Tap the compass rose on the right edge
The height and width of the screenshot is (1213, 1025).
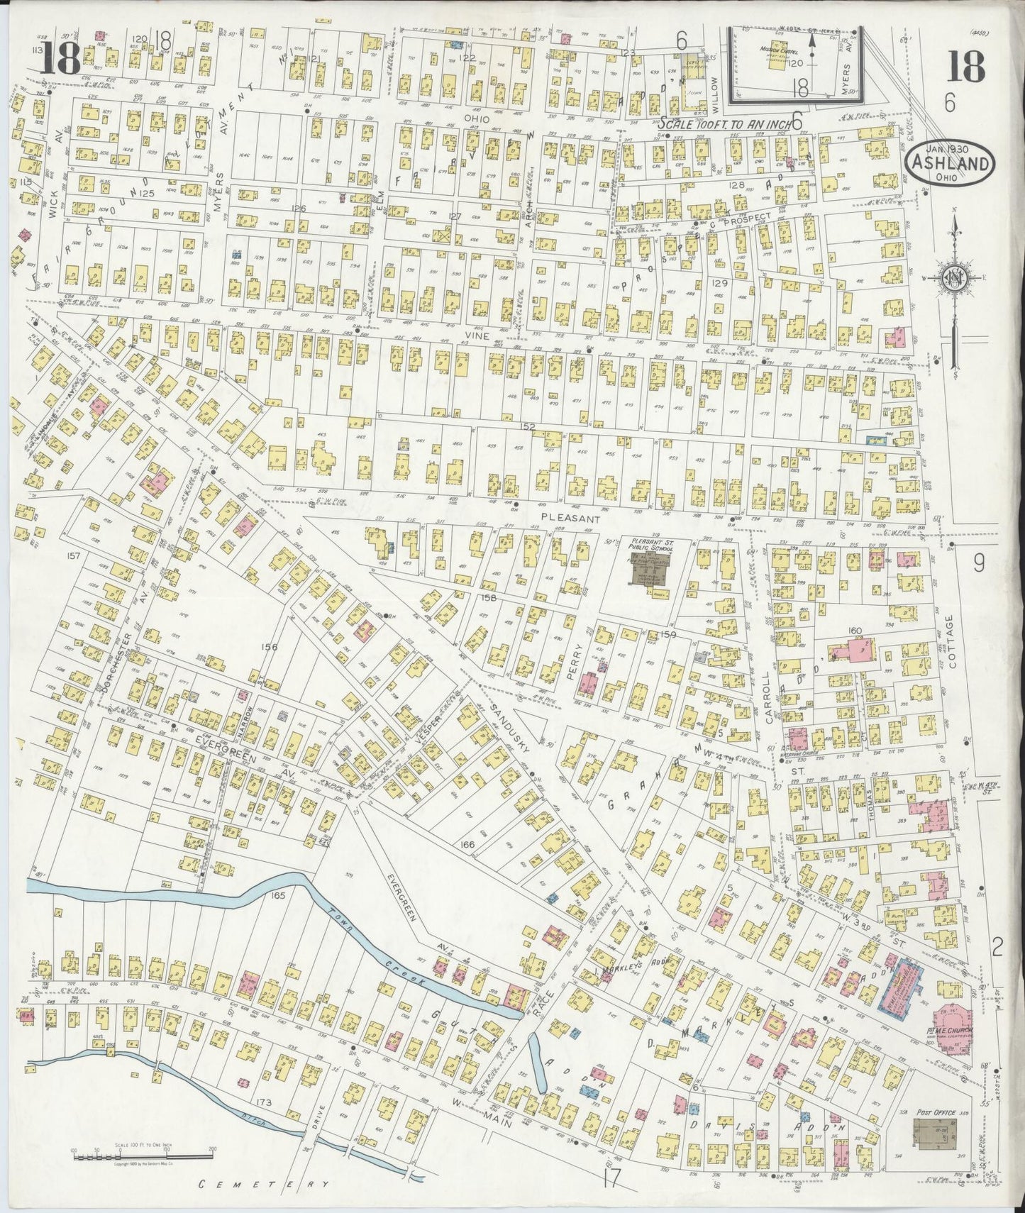coord(955,277)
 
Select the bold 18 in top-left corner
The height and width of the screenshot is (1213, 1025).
coord(60,58)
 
